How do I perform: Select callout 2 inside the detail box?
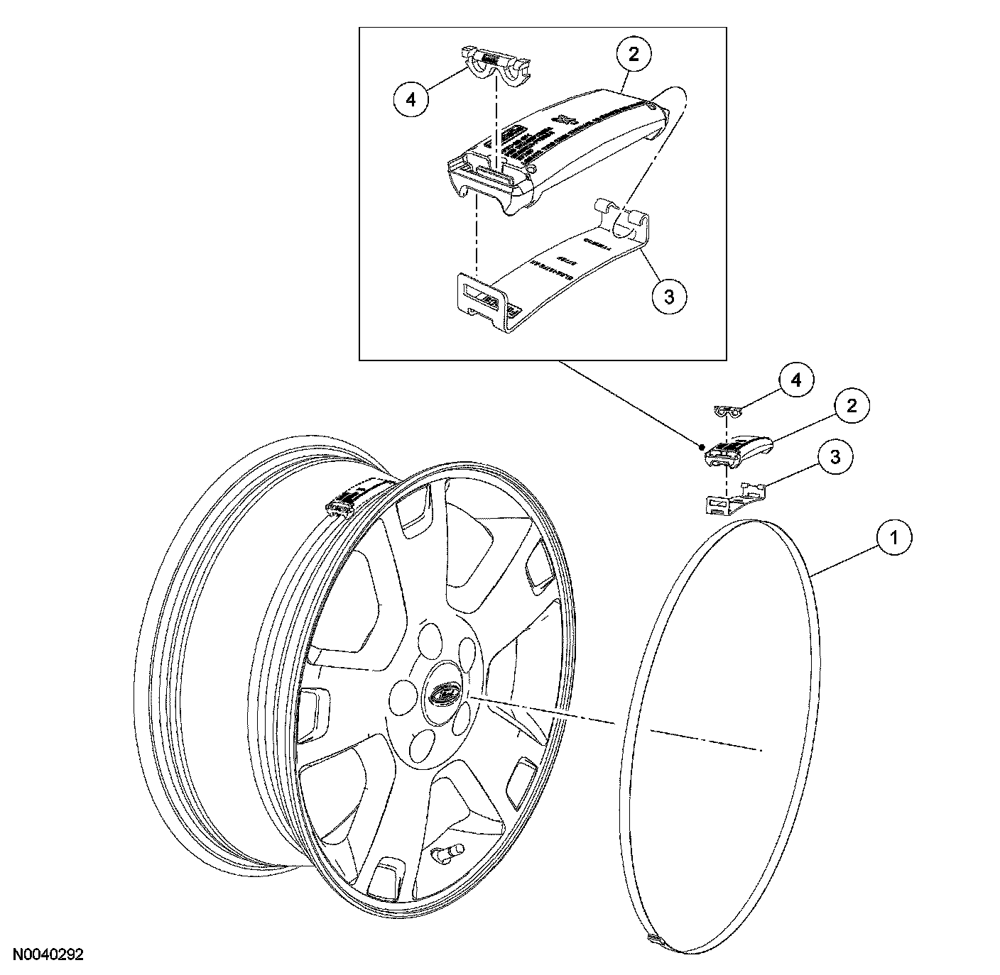(634, 54)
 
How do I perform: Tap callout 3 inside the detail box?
(669, 296)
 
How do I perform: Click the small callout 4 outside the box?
(796, 380)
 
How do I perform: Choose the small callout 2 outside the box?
(851, 406)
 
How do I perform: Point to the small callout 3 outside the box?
(835, 457)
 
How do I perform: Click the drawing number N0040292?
(47, 954)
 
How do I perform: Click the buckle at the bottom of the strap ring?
(653, 939)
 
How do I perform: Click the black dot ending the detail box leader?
(702, 446)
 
